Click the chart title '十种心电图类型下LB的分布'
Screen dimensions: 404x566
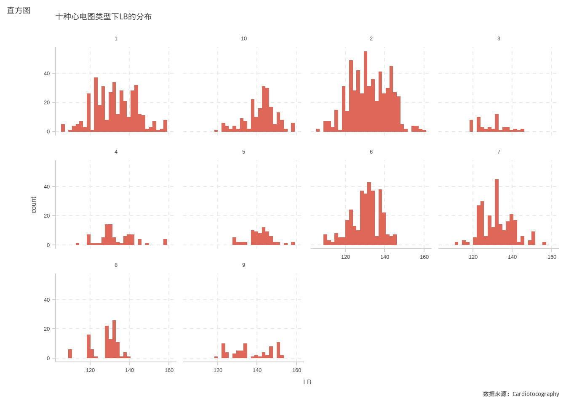(104, 17)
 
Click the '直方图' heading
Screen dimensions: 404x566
(19, 11)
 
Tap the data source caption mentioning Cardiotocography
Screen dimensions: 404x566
(521, 394)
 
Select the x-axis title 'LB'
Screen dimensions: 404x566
(307, 382)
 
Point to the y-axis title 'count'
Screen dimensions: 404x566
(34, 205)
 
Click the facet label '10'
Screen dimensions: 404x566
(244, 39)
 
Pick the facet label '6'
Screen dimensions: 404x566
(371, 152)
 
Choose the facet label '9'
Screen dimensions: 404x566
(243, 265)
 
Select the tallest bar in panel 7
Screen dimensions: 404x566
(497, 212)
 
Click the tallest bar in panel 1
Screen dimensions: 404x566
(96, 104)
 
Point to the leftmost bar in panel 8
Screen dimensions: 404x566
(70, 354)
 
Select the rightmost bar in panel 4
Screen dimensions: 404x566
(166, 242)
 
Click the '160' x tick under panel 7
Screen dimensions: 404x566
(552, 257)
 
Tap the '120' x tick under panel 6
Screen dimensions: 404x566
(345, 257)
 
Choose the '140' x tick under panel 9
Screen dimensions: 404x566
(257, 370)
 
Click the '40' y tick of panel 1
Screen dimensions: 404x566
(47, 74)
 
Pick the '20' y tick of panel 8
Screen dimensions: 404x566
(47, 329)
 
